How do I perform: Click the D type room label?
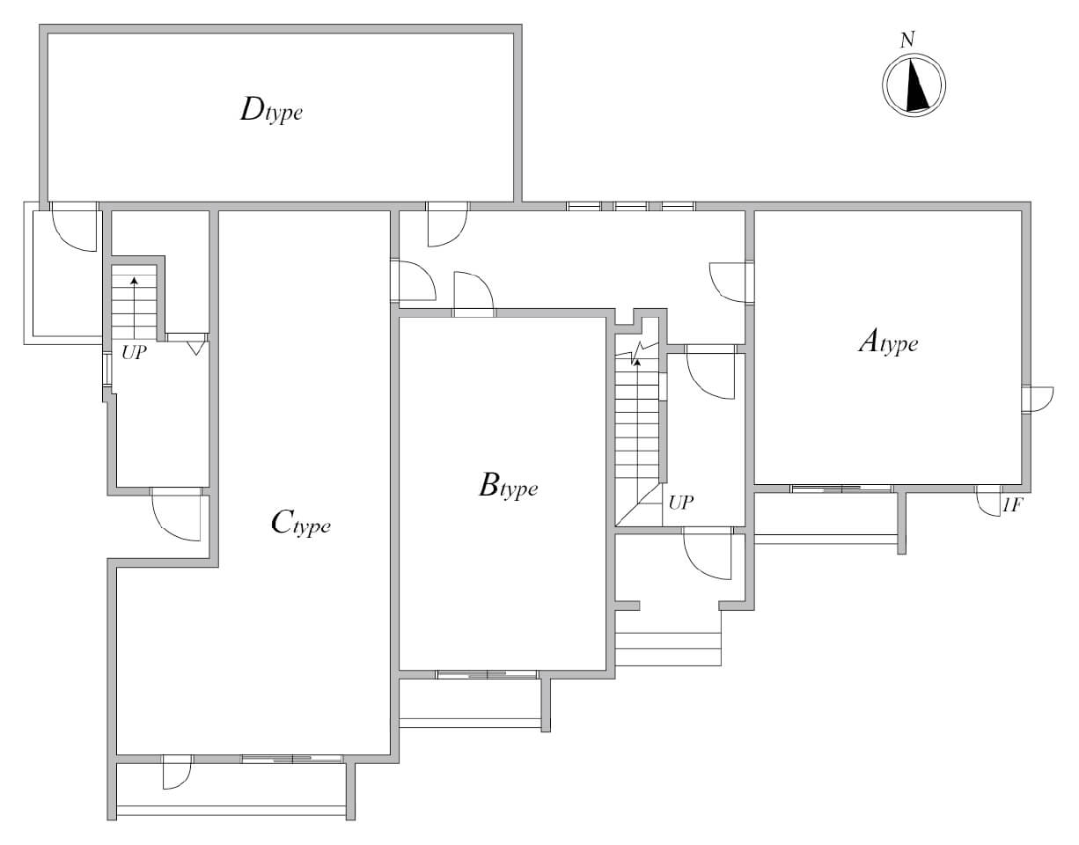[271, 111]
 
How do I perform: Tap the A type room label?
[888, 342]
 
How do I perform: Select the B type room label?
[509, 487]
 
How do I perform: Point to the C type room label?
[301, 524]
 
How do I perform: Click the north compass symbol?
[914, 84]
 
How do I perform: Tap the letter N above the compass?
[907, 40]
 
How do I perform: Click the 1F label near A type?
[1012, 505]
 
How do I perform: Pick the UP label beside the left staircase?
[134, 353]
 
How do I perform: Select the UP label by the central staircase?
[681, 503]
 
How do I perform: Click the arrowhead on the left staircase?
[134, 281]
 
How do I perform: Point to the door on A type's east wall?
[1038, 400]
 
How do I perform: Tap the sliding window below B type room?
[487, 674]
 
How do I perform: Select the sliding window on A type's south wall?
[841, 489]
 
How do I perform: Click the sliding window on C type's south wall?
[292, 759]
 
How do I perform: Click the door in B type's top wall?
[473, 294]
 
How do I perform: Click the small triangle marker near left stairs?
[196, 348]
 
